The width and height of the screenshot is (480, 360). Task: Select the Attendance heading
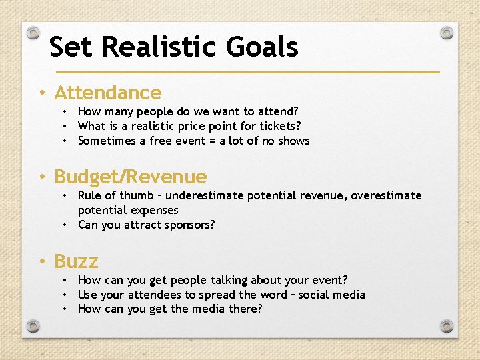coord(107,93)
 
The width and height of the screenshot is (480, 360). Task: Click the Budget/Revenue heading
coord(130,177)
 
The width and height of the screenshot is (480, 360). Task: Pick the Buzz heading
coord(76,261)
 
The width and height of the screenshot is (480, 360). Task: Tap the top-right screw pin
coord(447,32)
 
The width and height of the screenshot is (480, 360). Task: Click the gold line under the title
coord(247,71)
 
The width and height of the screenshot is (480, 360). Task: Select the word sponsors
coord(189,225)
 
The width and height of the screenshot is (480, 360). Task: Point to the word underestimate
coord(205,195)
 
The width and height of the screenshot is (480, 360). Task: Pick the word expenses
coord(155,210)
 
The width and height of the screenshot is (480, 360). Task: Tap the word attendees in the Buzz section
coord(156,294)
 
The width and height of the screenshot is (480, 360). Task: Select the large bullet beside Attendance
coord(42,93)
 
